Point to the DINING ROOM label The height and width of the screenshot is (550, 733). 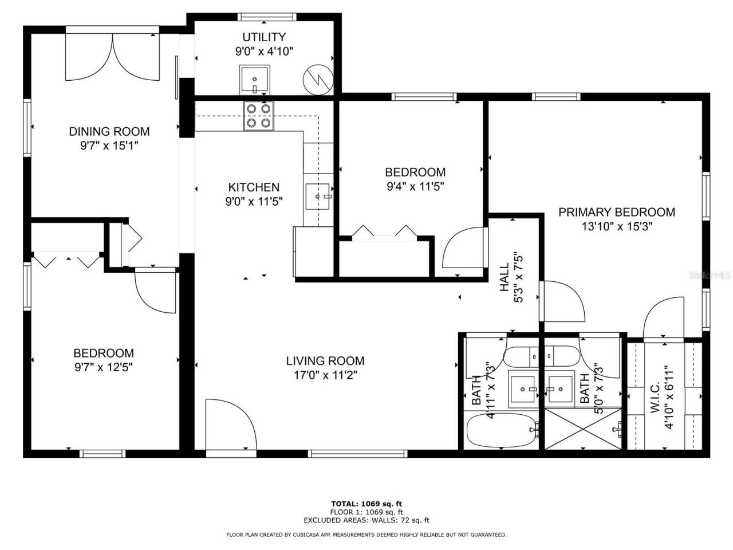(109, 131)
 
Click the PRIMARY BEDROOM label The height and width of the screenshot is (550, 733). (616, 212)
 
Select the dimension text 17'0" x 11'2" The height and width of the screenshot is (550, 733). (325, 376)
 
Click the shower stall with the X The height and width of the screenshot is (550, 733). (582, 429)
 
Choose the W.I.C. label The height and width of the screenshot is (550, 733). (656, 395)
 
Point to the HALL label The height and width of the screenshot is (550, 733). (504, 277)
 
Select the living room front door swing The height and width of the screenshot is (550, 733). (229, 424)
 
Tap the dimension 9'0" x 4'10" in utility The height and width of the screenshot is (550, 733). (264, 52)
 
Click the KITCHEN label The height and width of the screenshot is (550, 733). (254, 187)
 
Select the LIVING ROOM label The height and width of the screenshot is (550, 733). (325, 361)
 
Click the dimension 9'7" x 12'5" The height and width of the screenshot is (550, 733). (104, 368)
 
